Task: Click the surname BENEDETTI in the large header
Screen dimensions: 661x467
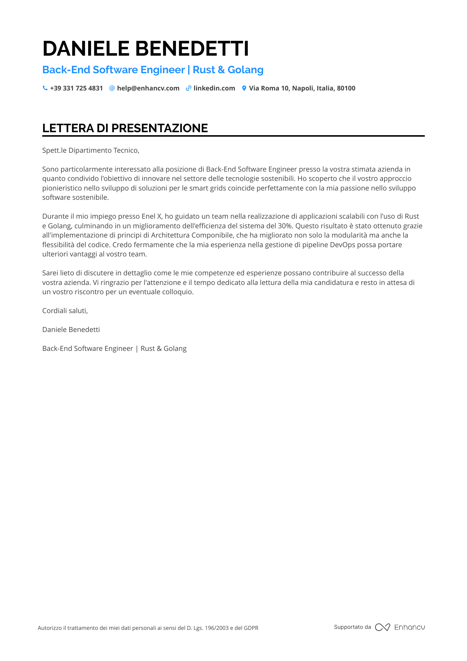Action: tap(192, 49)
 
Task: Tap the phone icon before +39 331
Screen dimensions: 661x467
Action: tap(45, 88)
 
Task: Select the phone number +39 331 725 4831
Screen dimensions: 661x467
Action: tap(77, 88)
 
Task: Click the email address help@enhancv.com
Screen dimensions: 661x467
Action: tap(148, 88)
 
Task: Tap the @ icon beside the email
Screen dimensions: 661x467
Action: tap(112, 88)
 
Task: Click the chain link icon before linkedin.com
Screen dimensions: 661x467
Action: tap(188, 88)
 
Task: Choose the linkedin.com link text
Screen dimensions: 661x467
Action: tap(214, 88)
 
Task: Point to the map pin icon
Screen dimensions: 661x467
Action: tap(244, 88)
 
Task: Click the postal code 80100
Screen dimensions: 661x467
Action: tap(346, 88)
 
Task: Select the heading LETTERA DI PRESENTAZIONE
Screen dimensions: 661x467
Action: tap(125, 128)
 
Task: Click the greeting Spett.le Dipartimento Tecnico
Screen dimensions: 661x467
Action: tap(90, 150)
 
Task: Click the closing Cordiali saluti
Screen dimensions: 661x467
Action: tap(65, 311)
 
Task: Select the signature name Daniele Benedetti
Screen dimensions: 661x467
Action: tap(71, 330)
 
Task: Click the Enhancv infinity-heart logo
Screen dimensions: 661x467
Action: tap(382, 627)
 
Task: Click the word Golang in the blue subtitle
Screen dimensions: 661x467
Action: tap(245, 70)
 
